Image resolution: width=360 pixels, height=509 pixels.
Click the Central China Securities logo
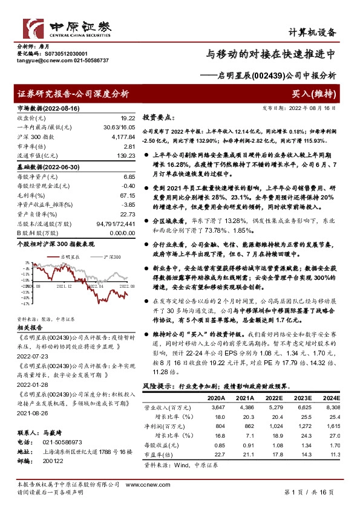tap(67, 28)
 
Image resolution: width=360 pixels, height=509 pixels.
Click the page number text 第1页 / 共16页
tap(309, 493)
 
